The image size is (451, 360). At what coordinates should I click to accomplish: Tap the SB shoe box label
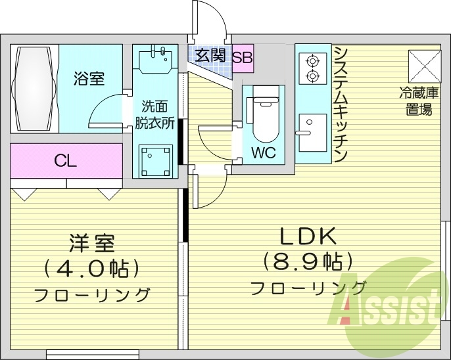[242, 56]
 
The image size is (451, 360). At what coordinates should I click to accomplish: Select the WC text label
[263, 154]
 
